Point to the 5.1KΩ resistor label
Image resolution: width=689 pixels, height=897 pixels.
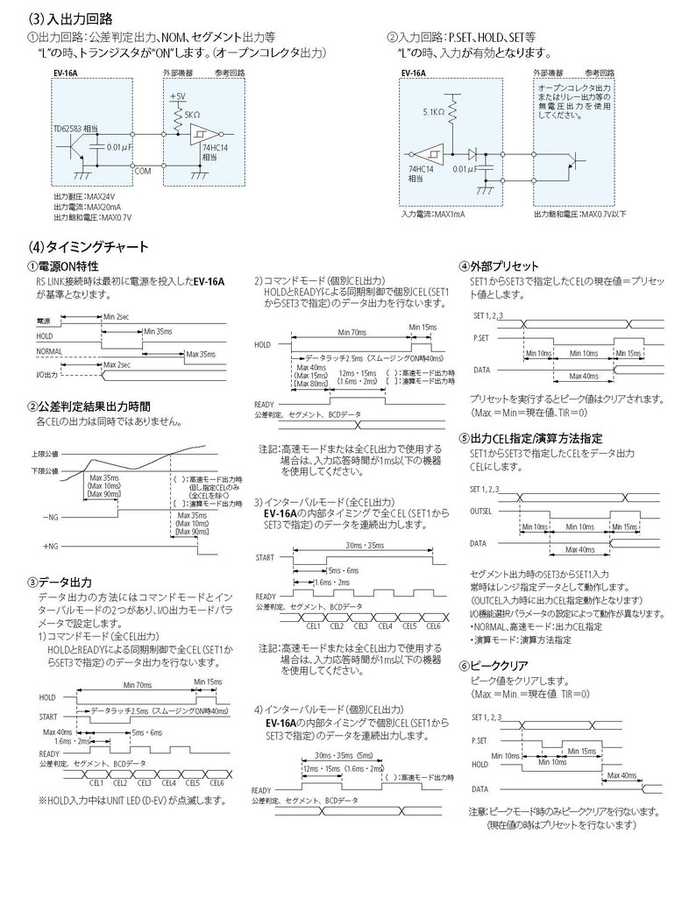pyautogui.click(x=433, y=112)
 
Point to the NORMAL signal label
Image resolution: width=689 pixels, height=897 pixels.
pyautogui.click(x=50, y=350)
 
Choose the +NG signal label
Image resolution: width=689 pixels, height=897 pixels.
pyautogui.click(x=51, y=546)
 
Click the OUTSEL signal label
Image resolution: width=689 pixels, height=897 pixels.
pyautogui.click(x=481, y=510)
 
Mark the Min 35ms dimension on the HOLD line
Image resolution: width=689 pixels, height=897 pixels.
pyautogui.click(x=159, y=331)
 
